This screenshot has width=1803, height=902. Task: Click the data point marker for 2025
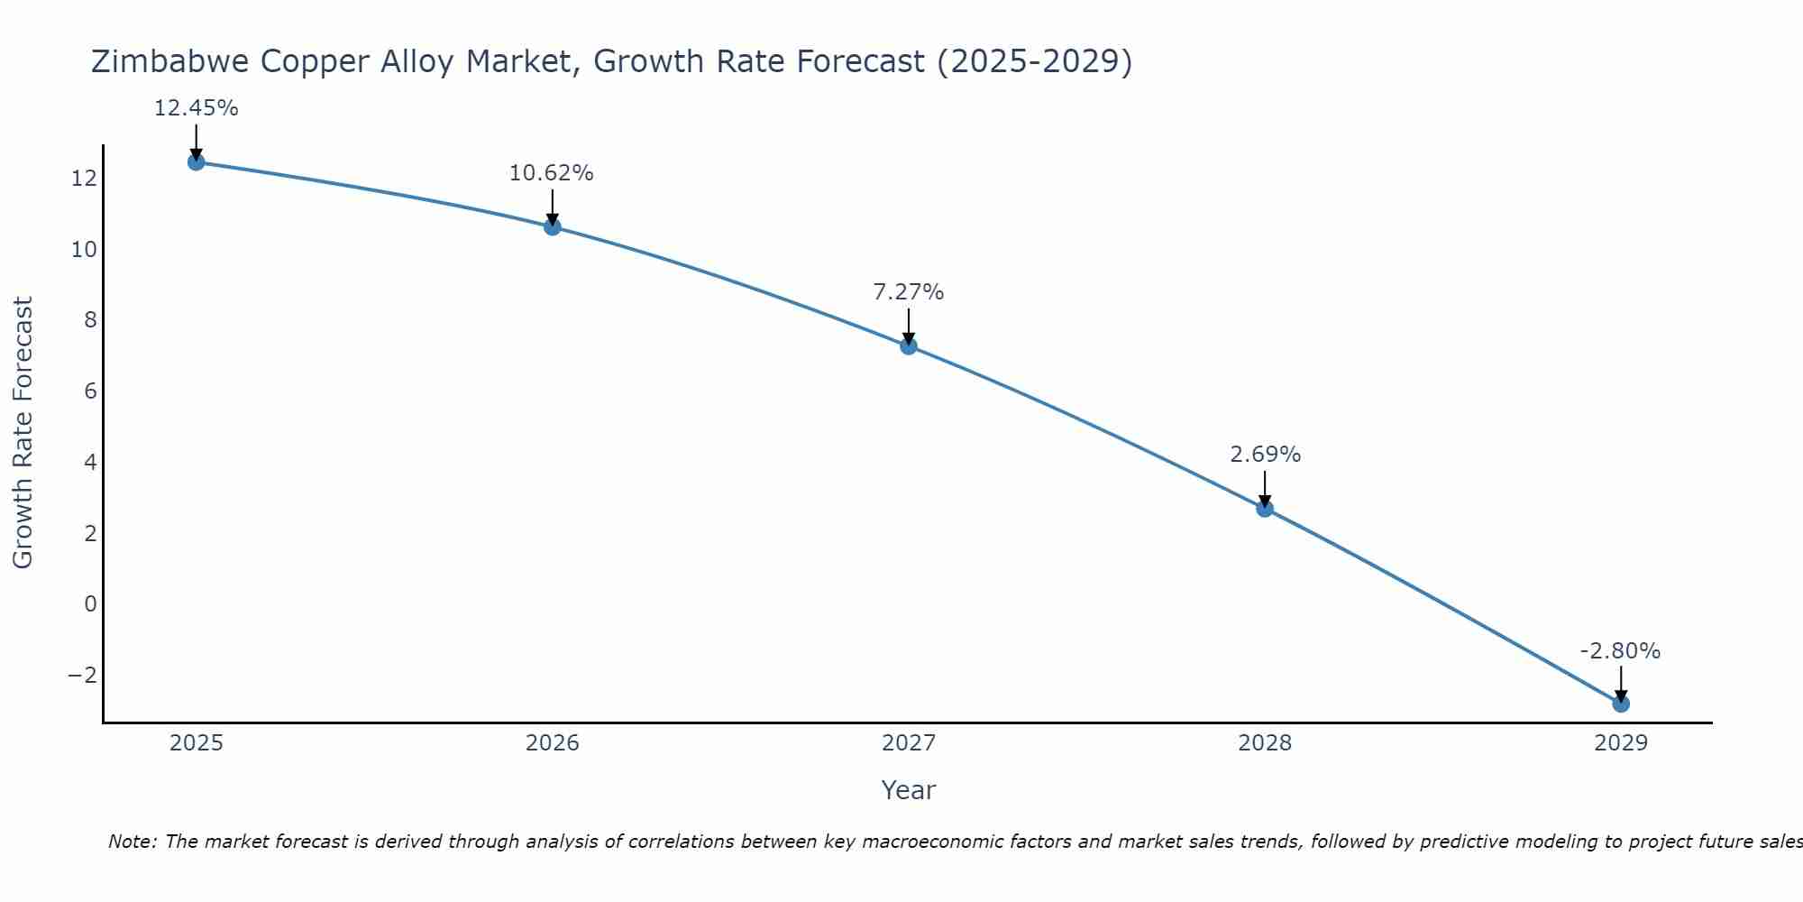point(196,162)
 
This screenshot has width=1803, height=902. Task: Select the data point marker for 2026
point(553,226)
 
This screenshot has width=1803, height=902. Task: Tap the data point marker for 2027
point(909,345)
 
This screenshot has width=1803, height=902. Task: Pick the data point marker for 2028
point(1265,509)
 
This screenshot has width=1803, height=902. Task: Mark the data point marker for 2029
point(1621,704)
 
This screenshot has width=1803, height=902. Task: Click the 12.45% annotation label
point(196,108)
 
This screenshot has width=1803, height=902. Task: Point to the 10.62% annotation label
point(551,173)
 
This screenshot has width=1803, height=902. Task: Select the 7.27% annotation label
point(908,292)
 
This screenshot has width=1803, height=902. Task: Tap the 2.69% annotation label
point(1265,455)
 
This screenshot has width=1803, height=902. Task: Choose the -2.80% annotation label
point(1620,651)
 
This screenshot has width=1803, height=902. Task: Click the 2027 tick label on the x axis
point(909,743)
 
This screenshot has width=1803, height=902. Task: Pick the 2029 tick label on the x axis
point(1621,743)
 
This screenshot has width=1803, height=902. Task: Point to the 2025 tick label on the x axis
point(197,743)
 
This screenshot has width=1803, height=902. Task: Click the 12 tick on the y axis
point(84,179)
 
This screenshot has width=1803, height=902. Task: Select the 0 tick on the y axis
point(90,604)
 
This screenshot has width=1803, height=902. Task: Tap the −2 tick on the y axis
point(82,676)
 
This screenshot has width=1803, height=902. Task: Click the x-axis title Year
point(909,790)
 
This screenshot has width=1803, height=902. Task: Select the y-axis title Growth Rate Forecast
point(23,433)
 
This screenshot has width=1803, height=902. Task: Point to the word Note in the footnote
point(132,842)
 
